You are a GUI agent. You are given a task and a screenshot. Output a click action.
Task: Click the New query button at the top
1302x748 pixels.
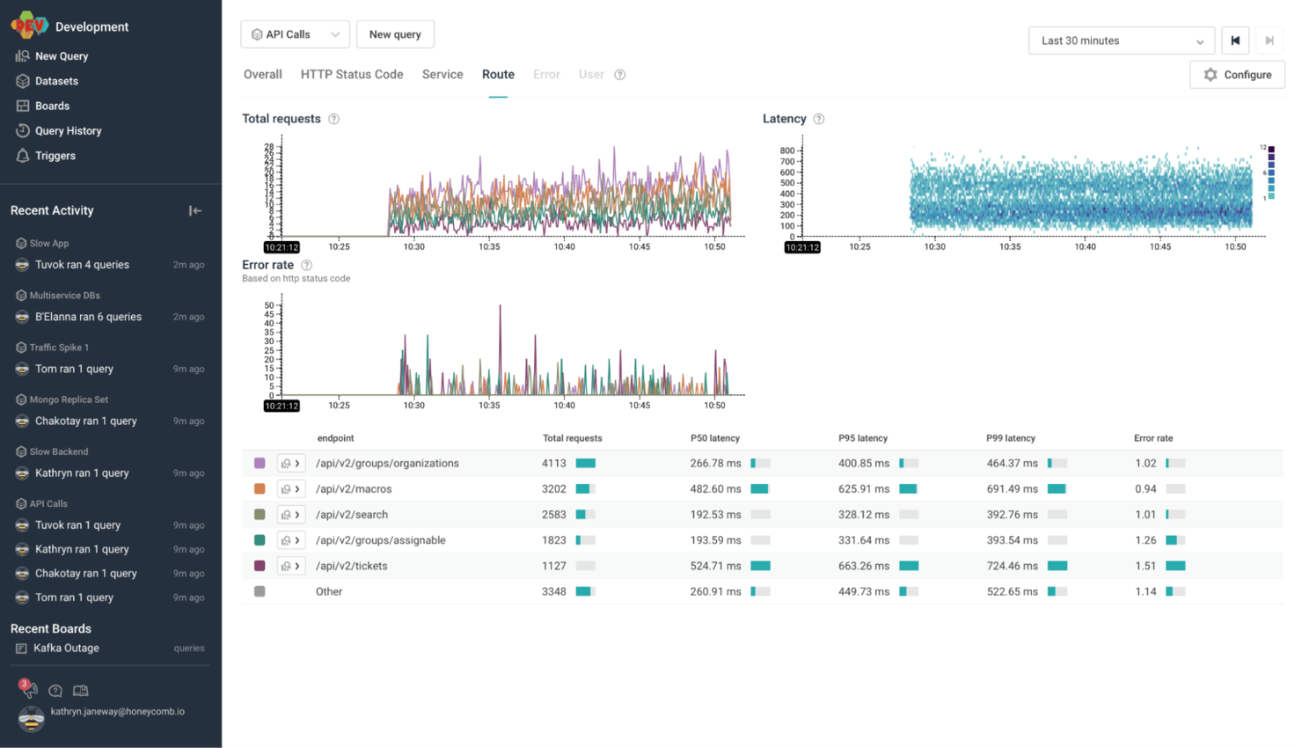pyautogui.click(x=395, y=34)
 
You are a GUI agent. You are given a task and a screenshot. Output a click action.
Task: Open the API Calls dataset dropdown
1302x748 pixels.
pyautogui.click(x=295, y=34)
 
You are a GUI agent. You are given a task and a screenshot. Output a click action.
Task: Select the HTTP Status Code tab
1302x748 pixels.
pyautogui.click(x=352, y=75)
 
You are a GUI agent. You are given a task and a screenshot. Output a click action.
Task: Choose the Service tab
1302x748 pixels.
pyautogui.click(x=443, y=75)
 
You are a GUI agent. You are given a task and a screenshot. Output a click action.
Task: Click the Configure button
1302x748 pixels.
pyautogui.click(x=1237, y=75)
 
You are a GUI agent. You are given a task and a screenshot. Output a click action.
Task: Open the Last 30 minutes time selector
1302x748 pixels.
pyautogui.click(x=1121, y=40)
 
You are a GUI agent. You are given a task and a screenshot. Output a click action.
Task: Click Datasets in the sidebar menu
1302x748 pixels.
pyautogui.click(x=56, y=81)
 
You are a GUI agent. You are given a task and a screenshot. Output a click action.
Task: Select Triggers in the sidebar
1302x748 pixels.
pyautogui.click(x=55, y=156)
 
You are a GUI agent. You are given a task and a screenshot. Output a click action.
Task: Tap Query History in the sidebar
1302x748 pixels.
pyautogui.click(x=68, y=131)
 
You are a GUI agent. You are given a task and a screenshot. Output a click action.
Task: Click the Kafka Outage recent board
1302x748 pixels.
pyautogui.click(x=66, y=649)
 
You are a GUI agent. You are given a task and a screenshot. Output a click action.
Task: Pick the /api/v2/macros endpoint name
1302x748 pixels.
pyautogui.click(x=354, y=489)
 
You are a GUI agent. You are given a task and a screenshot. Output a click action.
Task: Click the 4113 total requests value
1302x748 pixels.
pyautogui.click(x=554, y=464)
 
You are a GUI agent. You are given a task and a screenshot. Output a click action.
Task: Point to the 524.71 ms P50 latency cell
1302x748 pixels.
pyautogui.click(x=715, y=567)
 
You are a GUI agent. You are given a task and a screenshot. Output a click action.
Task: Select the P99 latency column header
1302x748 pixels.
pyautogui.click(x=1011, y=438)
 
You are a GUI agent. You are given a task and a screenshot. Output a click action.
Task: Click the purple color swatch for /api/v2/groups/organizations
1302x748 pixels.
pyautogui.click(x=260, y=464)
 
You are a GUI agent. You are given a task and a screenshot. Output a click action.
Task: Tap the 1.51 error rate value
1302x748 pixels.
pyautogui.click(x=1145, y=567)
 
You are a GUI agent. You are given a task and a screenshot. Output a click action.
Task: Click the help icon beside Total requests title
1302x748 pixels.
pyautogui.click(x=334, y=120)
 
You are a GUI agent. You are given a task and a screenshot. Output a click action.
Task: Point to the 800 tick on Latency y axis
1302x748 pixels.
pyautogui.click(x=786, y=150)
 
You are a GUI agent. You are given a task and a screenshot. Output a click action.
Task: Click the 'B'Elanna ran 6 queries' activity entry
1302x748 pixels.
pyautogui.click(x=88, y=317)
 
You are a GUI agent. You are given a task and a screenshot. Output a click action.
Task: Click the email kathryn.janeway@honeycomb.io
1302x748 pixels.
pyautogui.click(x=117, y=712)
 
